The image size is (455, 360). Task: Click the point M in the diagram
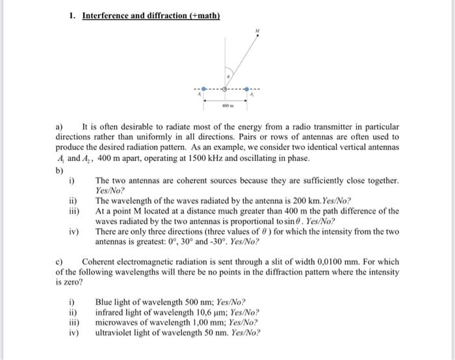(x=257, y=36)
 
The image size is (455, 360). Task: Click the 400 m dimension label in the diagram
(x=226, y=105)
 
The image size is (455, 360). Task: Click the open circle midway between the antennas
(x=226, y=88)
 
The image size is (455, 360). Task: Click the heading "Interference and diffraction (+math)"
(x=151, y=15)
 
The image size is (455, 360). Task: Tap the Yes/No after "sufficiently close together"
(x=109, y=191)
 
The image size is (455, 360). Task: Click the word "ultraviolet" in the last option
(x=115, y=332)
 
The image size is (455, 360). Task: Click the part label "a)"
(x=59, y=127)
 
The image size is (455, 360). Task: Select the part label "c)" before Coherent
(x=60, y=262)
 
